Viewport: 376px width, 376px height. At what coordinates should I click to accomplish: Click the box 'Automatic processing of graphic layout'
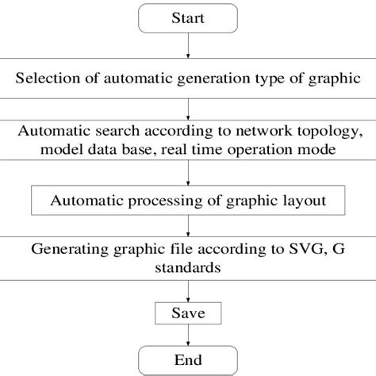tap(189, 200)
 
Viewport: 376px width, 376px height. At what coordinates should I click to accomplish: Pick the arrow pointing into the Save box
tap(188, 290)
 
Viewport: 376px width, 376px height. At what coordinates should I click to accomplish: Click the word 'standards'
tap(188, 268)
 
